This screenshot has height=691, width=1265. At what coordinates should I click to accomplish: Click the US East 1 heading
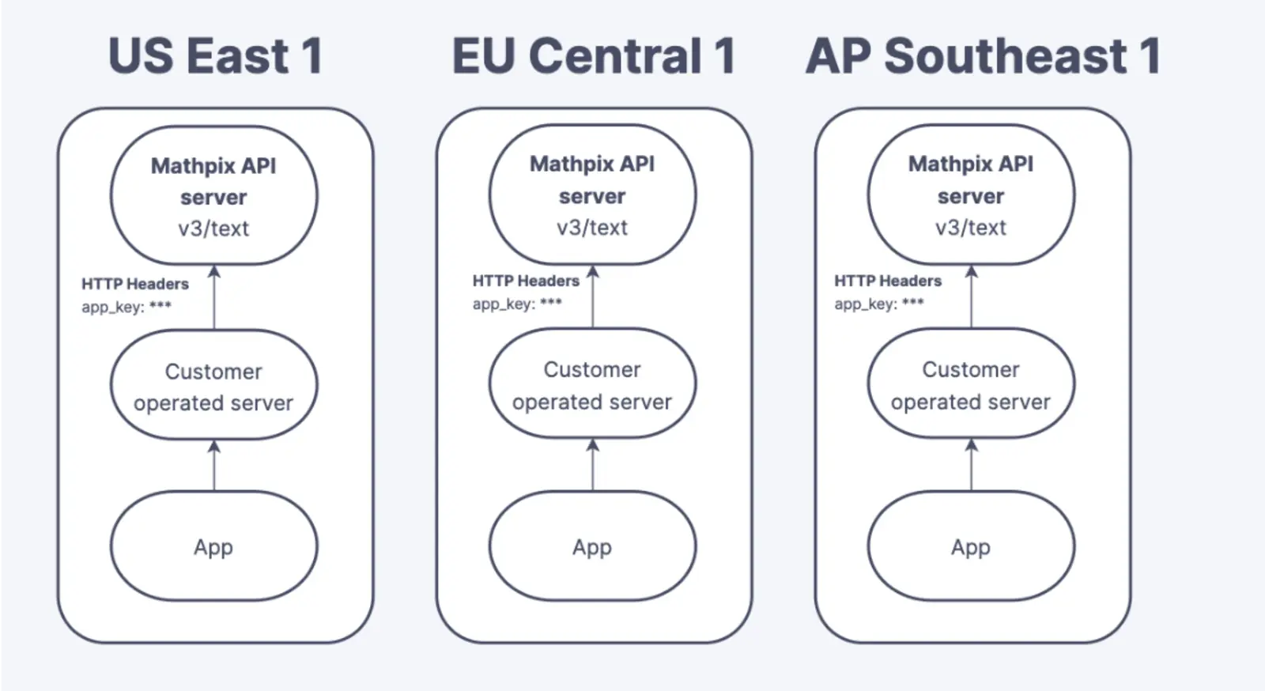tap(215, 55)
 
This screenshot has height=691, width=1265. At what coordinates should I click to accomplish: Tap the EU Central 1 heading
tap(594, 55)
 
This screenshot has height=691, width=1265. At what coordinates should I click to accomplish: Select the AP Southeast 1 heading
tap(984, 55)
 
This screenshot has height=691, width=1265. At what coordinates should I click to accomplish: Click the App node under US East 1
tap(214, 546)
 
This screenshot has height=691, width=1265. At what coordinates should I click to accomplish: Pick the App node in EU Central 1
tap(592, 546)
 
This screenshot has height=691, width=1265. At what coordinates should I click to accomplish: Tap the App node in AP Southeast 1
tap(972, 546)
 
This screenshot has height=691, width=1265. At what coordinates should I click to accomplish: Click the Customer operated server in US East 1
tap(214, 385)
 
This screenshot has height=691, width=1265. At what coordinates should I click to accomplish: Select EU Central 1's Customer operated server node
tap(592, 383)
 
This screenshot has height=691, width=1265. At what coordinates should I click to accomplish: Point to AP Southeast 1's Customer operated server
tap(972, 383)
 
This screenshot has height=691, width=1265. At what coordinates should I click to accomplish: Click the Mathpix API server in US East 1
tap(214, 195)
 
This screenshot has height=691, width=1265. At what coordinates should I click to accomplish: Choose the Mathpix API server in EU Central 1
tap(592, 194)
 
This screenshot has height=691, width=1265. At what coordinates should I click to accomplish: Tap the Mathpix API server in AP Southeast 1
tap(972, 194)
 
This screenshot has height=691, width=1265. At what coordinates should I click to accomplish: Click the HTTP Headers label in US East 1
tap(135, 283)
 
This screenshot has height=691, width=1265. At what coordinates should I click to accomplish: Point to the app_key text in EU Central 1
tap(517, 304)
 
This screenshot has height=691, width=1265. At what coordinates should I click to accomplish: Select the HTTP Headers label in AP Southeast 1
tap(888, 281)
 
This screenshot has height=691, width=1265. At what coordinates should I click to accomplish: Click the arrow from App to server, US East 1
tap(214, 466)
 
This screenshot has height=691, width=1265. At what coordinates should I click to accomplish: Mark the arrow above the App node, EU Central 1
tap(592, 465)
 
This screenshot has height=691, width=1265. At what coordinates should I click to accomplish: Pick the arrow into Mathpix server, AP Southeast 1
tap(972, 296)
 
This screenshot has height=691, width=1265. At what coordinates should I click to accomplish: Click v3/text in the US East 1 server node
tap(213, 228)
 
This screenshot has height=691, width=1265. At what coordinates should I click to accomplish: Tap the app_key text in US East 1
tap(126, 307)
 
